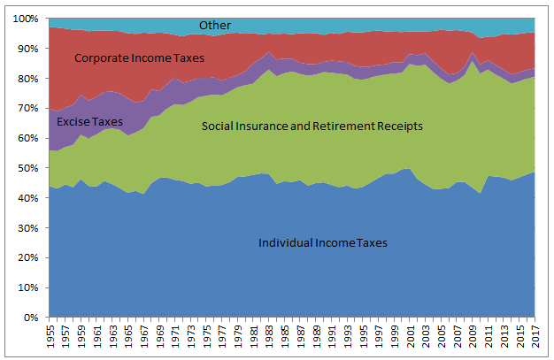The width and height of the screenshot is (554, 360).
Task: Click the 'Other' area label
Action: point(215,26)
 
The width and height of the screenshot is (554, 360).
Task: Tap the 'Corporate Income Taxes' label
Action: point(140,58)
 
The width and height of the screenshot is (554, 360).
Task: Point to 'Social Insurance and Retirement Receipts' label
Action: point(312,126)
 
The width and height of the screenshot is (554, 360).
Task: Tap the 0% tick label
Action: point(31,317)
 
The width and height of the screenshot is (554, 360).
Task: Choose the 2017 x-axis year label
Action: point(535,337)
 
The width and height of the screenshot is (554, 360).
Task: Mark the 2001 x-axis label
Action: point(409,337)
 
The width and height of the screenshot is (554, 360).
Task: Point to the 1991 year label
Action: point(330,337)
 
